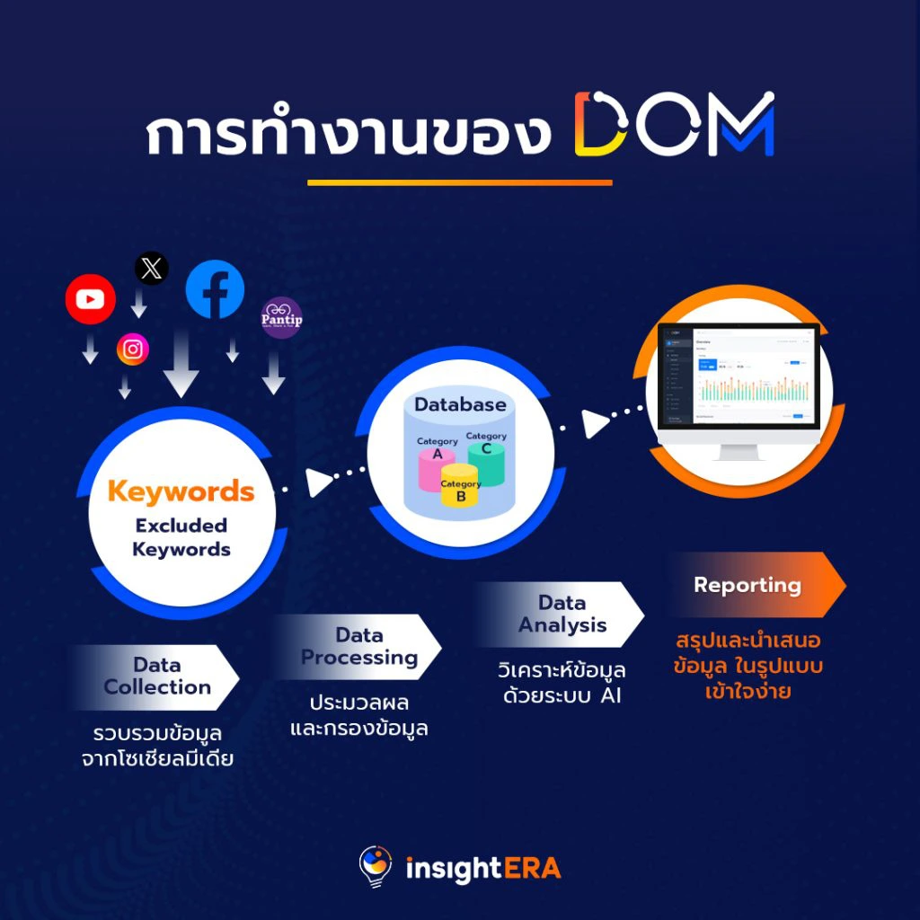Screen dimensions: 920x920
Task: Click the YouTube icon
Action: (90, 299)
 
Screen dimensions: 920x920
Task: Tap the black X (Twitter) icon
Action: (151, 269)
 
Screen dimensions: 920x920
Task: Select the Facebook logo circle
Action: (215, 288)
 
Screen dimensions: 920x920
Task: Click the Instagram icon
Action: (133, 349)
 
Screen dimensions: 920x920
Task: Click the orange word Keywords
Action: (181, 491)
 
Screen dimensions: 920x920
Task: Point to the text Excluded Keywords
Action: (181, 537)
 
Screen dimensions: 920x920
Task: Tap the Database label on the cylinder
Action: (460, 405)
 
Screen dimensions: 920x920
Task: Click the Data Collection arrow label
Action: (157, 677)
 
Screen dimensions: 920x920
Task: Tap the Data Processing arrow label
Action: (358, 647)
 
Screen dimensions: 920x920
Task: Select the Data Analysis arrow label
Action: (562, 615)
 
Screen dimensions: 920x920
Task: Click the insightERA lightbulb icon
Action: (376, 867)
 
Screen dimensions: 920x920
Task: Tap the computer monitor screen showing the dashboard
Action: (732, 377)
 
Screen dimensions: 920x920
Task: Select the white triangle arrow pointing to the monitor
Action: (595, 423)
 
